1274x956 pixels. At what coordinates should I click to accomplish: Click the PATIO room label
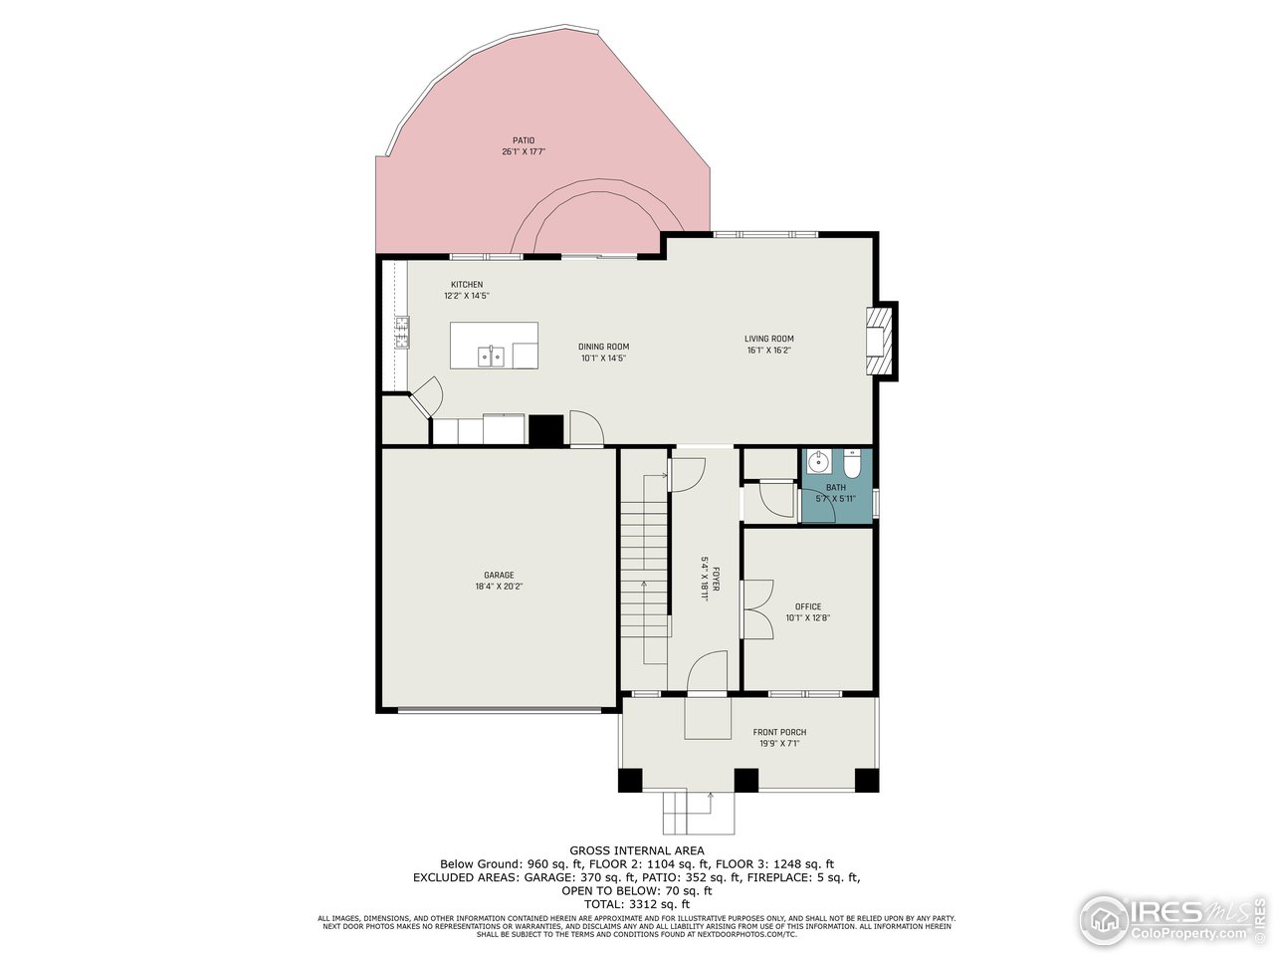[524, 140]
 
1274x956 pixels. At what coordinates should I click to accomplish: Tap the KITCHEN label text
[466, 285]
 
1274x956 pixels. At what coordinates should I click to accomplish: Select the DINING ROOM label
[603, 347]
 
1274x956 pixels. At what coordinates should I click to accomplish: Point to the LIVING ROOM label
[769, 339]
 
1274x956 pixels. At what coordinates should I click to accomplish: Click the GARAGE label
[499, 575]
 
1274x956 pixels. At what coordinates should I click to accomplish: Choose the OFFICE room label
[807, 606]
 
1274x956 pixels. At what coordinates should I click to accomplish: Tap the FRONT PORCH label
[779, 732]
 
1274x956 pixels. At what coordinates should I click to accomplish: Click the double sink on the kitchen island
[491, 356]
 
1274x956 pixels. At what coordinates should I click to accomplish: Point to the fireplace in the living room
[880, 342]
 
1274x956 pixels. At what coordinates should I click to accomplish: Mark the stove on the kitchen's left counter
[402, 332]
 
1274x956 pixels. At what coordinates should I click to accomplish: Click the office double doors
[757, 608]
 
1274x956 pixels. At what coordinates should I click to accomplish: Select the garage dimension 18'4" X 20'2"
[499, 587]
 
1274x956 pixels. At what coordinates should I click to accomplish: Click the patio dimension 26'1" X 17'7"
[524, 152]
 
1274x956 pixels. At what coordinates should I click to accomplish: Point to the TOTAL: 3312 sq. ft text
[637, 904]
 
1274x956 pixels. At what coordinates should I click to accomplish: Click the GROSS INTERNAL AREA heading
[637, 850]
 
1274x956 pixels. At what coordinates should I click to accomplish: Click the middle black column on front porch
[745, 780]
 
